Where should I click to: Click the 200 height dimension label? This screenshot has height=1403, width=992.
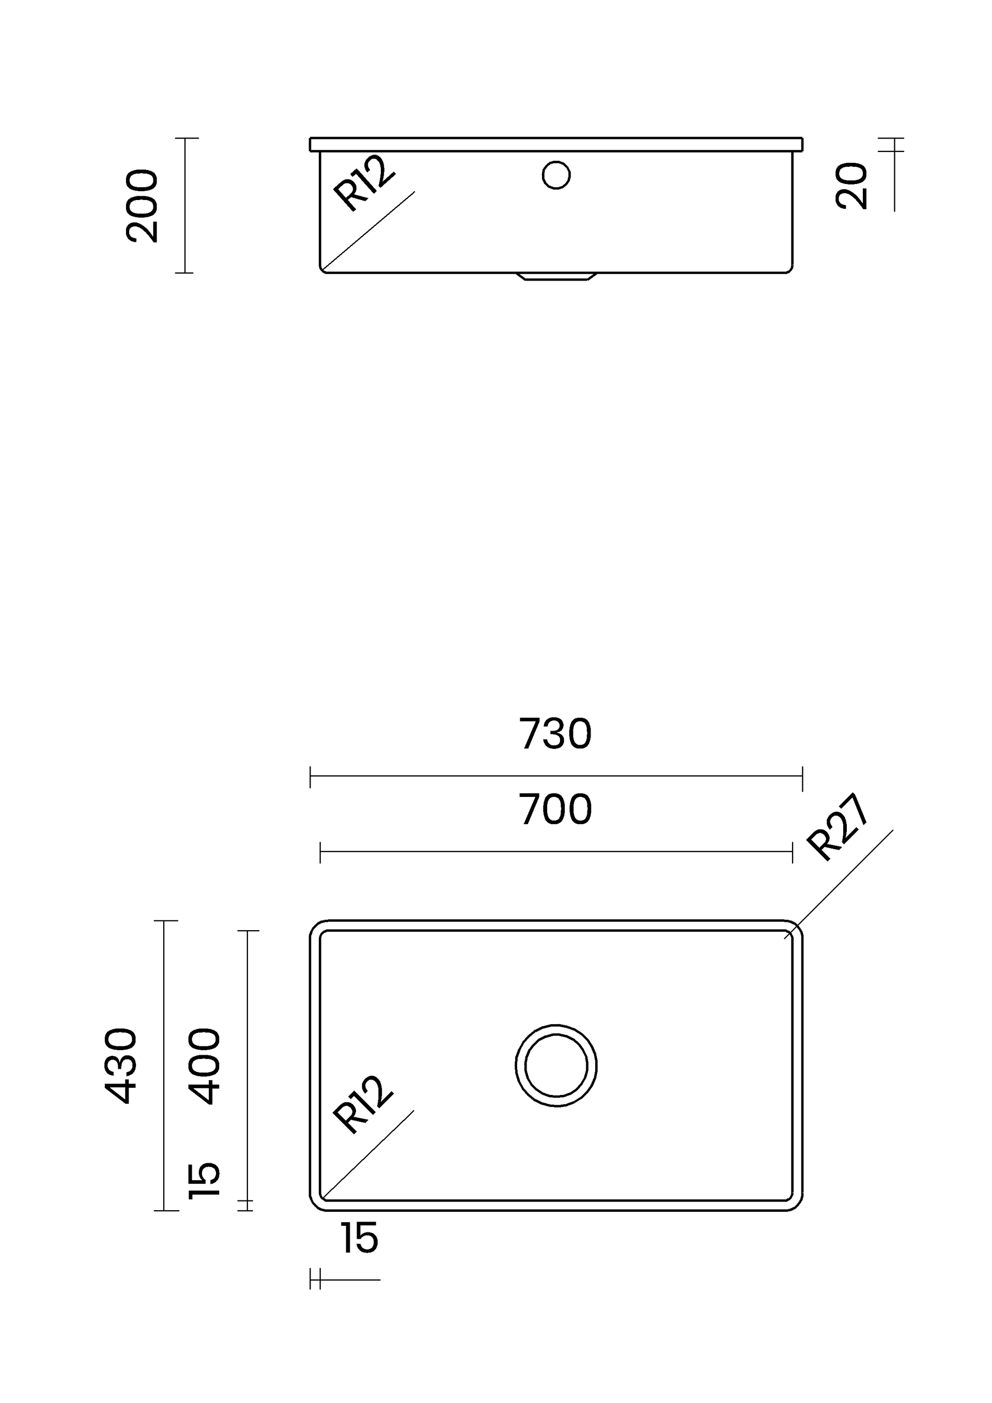click(x=142, y=206)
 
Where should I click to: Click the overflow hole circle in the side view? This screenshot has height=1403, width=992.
click(x=556, y=175)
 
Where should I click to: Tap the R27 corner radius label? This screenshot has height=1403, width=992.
click(x=838, y=827)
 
